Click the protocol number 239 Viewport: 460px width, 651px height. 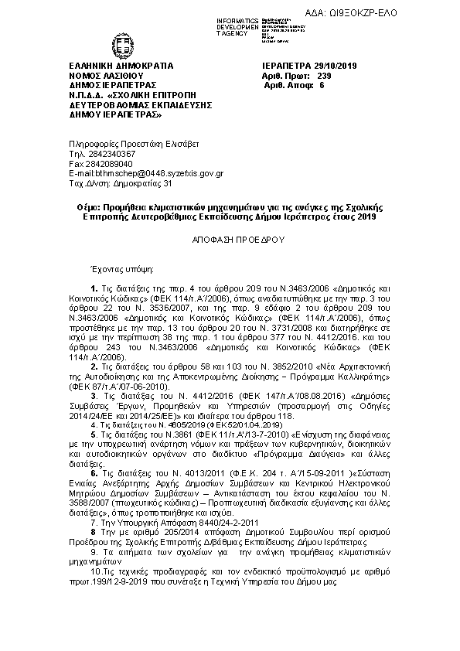tap(324, 76)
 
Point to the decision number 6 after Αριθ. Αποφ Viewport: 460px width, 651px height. tap(321, 86)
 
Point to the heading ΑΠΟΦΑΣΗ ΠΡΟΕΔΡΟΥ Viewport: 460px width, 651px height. tap(239, 240)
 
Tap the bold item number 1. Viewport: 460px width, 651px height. tap(94, 288)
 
